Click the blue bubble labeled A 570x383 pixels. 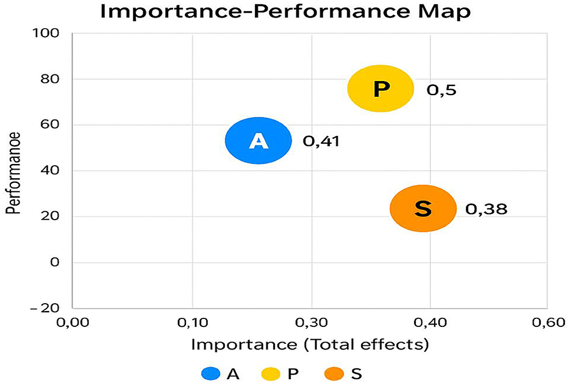pyautogui.click(x=258, y=141)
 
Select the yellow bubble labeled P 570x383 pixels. pyautogui.click(x=380, y=89)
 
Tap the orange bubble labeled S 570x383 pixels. pyautogui.click(x=422, y=209)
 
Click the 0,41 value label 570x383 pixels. pyautogui.click(x=321, y=141)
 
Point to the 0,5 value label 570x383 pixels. pyautogui.click(x=441, y=90)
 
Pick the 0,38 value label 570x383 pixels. pyautogui.click(x=486, y=209)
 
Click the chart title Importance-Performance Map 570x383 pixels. pyautogui.click(x=285, y=12)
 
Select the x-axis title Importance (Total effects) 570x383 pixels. pyautogui.click(x=310, y=345)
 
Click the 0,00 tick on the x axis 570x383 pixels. pyautogui.click(x=73, y=322)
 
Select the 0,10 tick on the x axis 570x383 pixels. pyautogui.click(x=193, y=322)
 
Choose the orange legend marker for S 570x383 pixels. pyautogui.click(x=335, y=373)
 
